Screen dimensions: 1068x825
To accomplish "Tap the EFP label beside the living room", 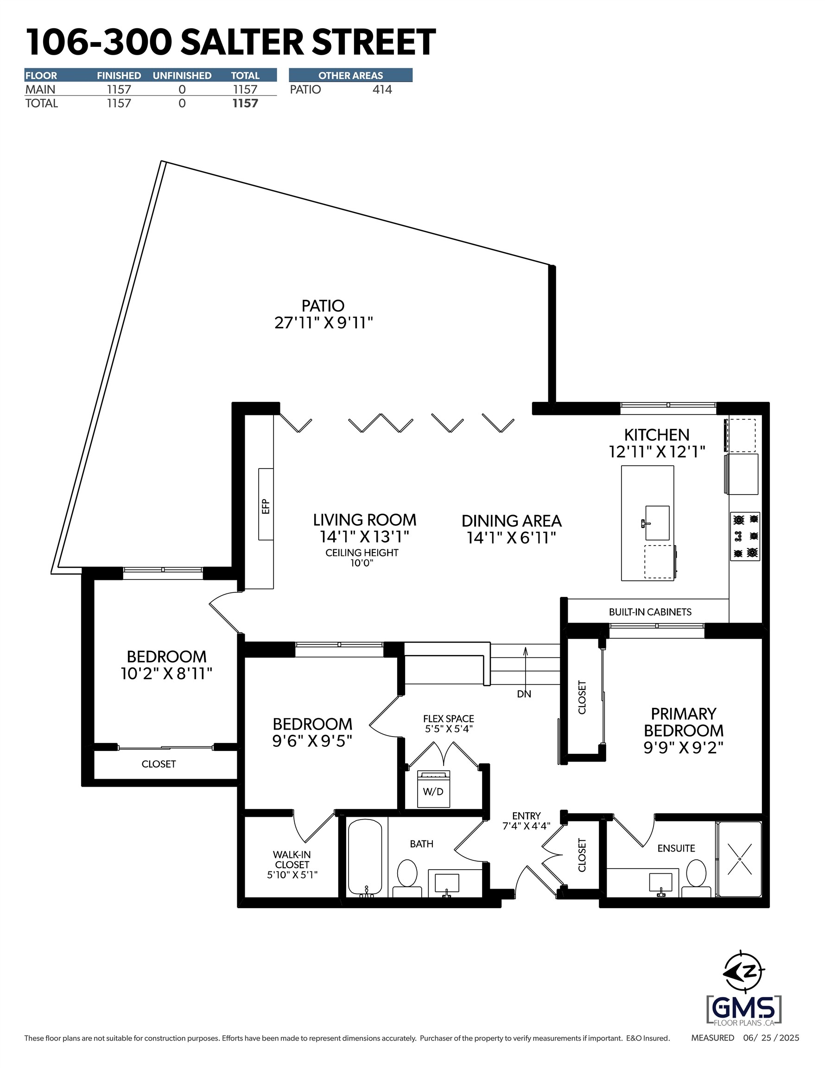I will [266, 506].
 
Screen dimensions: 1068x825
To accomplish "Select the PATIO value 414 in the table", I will [382, 89].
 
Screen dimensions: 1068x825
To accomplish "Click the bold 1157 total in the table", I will [245, 103].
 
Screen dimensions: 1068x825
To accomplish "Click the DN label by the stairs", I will [524, 694].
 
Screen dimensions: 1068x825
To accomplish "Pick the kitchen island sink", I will [657, 523].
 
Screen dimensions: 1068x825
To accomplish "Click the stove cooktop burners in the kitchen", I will [745, 536].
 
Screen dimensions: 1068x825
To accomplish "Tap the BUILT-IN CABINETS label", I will [650, 612].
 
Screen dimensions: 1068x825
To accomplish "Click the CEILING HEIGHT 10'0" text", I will [362, 558].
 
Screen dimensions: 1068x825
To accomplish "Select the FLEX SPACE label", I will [449, 718].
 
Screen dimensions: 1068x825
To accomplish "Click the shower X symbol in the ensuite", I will [739, 858].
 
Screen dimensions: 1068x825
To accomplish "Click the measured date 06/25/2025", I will [771, 1038].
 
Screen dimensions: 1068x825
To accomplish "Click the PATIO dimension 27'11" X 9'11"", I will [323, 323].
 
